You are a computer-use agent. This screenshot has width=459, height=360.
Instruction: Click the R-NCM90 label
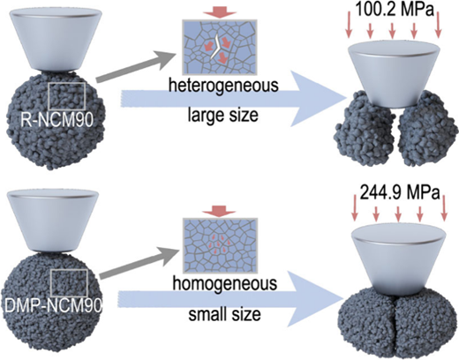coord(57,120)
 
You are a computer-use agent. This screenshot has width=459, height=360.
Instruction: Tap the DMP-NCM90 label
coord(53,306)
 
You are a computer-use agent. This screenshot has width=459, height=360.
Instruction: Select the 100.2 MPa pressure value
coord(395,10)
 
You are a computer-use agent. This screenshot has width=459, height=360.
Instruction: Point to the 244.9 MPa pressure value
coord(399,193)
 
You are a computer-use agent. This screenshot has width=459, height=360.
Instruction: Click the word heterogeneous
coord(223,86)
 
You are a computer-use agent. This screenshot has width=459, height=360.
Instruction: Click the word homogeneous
coord(224,283)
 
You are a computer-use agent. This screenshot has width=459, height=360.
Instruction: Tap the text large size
coord(223,115)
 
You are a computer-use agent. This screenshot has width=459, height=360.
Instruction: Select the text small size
coord(224,314)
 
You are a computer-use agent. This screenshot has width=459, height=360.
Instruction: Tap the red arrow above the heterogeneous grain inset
coord(221,13)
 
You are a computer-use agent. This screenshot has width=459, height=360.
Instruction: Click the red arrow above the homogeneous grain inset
coord(220,212)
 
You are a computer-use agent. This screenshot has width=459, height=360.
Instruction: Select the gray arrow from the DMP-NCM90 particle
coord(139,263)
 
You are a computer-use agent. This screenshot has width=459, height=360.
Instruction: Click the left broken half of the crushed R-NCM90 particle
coord(364,128)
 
